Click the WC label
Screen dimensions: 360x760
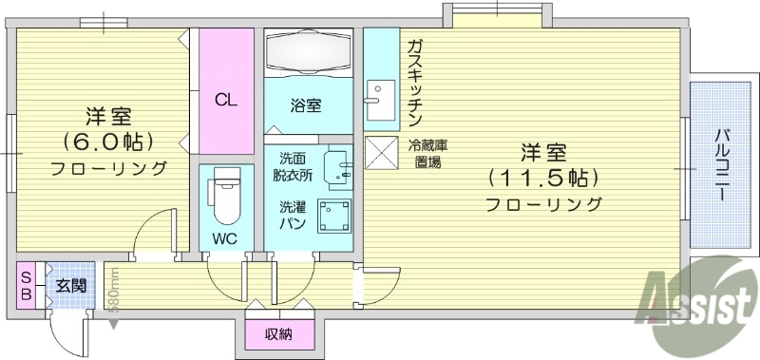click(225, 237)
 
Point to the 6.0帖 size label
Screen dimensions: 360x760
click(108, 142)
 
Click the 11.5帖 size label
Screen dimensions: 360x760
click(542, 178)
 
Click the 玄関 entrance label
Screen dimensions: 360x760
click(70, 285)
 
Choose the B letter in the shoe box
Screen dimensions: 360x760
click(27, 294)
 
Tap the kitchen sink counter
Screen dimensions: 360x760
click(382, 99)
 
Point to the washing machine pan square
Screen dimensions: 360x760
click(334, 218)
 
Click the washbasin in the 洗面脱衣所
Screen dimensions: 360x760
click(338, 169)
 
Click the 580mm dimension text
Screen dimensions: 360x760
click(113, 292)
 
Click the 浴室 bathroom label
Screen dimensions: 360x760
click(306, 106)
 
